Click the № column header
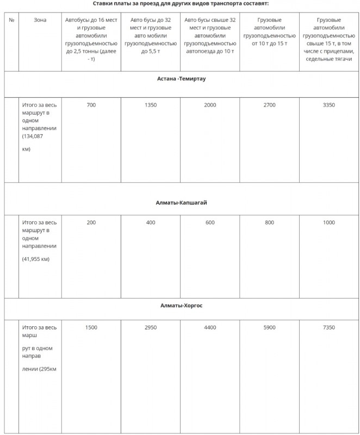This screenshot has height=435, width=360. tap(11, 20)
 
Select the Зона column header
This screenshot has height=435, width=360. tap(40, 20)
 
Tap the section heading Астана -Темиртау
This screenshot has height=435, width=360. tap(182, 78)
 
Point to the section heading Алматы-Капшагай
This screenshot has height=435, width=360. tap(181, 202)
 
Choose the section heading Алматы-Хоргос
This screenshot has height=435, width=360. tap(182, 306)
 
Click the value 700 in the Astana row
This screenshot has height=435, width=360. tap(91, 105)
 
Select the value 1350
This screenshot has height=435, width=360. tap(151, 105)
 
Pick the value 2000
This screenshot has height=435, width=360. tap(210, 105)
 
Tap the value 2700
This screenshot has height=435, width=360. tap(269, 105)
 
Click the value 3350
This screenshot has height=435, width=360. tap(328, 105)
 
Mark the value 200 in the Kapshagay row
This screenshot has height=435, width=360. tap(91, 222)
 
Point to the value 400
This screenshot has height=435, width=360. tap(151, 222)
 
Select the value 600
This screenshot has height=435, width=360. tap(210, 222)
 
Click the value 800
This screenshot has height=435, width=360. tap(269, 222)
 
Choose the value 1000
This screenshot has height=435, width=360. tap(328, 222)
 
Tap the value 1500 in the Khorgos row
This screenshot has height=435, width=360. tap(91, 327)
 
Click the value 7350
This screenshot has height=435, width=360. tap(328, 327)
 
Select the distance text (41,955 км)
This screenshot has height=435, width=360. tap(36, 259)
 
